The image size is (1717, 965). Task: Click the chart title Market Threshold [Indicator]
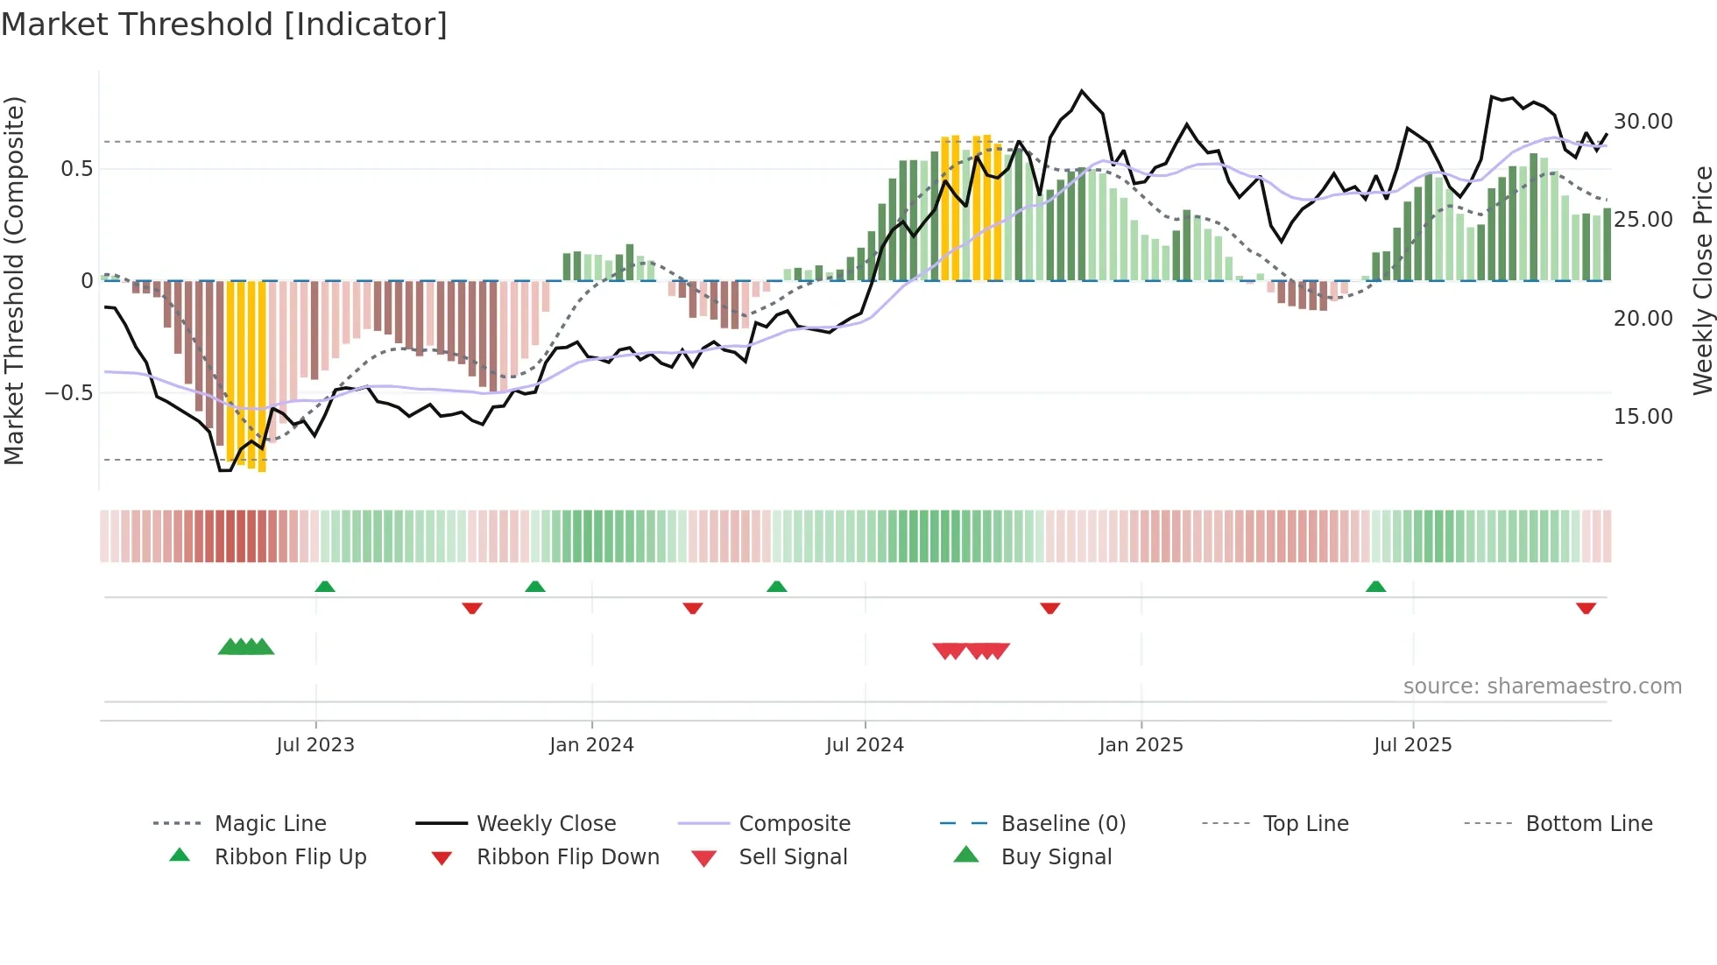coord(224,25)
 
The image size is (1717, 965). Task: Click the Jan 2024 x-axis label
coord(591,745)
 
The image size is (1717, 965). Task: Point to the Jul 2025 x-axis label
coord(1412,745)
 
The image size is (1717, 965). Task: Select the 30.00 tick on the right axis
coord(1643,122)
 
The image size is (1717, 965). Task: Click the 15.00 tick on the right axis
coord(1643,417)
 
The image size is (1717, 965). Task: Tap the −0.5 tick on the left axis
coord(68,393)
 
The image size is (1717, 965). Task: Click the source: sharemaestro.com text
coord(1542,687)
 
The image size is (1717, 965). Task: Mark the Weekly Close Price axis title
coord(1702,280)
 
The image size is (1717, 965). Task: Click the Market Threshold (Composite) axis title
coord(14,280)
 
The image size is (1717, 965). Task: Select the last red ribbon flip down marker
coord(1586,608)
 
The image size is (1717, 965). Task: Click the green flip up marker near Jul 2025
coord(1375,587)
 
